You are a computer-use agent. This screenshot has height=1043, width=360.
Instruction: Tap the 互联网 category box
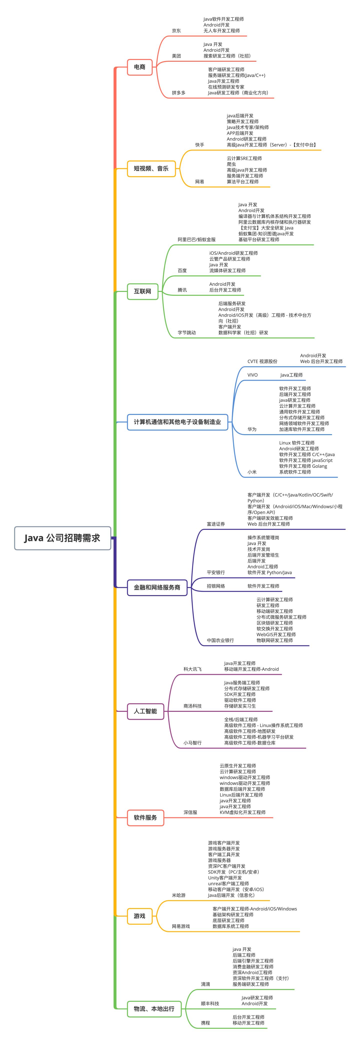142,291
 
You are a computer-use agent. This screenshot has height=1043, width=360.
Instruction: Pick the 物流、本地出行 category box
154,1008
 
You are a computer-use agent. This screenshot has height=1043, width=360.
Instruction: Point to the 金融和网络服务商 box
157,587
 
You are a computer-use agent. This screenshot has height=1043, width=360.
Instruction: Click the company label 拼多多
178,93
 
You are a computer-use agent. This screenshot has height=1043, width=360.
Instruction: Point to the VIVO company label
252,375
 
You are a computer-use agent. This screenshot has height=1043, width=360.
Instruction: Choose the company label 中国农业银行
220,640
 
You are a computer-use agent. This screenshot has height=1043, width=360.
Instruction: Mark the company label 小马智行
192,743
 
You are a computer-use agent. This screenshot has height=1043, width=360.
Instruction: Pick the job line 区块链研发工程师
274,623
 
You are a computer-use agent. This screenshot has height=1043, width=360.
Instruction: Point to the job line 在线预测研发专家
226,87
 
